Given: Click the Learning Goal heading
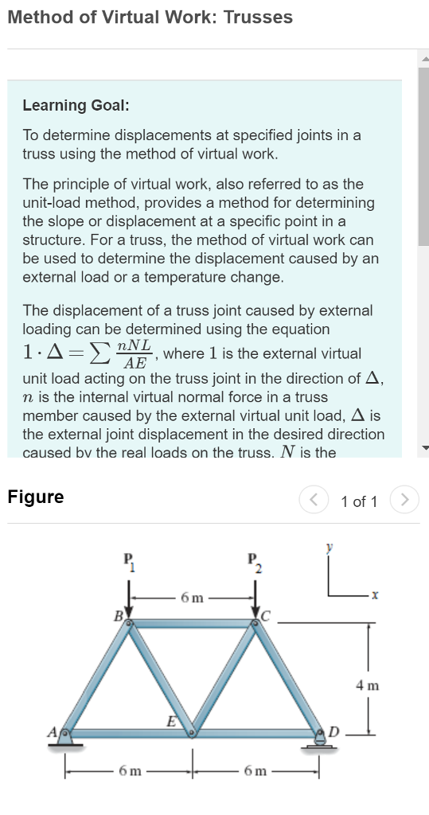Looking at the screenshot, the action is (76, 105).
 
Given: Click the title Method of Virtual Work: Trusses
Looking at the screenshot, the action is (150, 17).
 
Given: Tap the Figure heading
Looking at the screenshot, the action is (36, 497).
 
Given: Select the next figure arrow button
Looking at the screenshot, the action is (406, 501).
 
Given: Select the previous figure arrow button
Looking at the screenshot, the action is (313, 501).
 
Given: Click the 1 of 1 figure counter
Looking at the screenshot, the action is (359, 501).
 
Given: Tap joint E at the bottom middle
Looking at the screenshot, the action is (192, 734).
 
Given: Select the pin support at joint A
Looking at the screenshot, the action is (67, 739).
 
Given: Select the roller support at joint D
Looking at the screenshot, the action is (319, 740).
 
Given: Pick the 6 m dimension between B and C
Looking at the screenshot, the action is (192, 596).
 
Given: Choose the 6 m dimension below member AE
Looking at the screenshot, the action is (127, 771).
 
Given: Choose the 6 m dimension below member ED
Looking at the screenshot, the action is (255, 771).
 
